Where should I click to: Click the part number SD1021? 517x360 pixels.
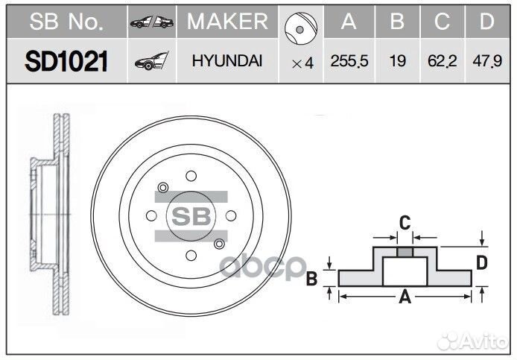pyautogui.click(x=66, y=62)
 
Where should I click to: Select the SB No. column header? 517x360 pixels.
pyautogui.click(x=66, y=22)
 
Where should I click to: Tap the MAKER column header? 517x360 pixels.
pyautogui.click(x=226, y=22)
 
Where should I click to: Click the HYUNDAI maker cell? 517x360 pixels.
pyautogui.click(x=226, y=62)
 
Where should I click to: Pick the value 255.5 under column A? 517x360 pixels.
pyautogui.click(x=349, y=62)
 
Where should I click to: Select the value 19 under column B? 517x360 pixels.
pyautogui.click(x=398, y=62)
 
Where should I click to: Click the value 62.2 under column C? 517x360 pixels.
pyautogui.click(x=442, y=62)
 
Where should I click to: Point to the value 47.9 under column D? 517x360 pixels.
pyautogui.click(x=486, y=62)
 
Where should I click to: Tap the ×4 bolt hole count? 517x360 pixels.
pyautogui.click(x=302, y=63)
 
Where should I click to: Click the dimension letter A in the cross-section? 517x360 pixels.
pyautogui.click(x=405, y=298)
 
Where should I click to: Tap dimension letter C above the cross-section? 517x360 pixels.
pyautogui.click(x=405, y=222)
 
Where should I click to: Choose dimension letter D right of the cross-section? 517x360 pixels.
pyautogui.click(x=482, y=262)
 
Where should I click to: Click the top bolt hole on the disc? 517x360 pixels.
pyautogui.click(x=191, y=176)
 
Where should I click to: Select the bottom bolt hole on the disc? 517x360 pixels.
pyautogui.click(x=191, y=256)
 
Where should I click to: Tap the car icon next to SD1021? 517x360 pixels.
pyautogui.click(x=151, y=62)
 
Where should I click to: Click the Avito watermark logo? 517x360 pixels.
pyautogui.click(x=473, y=341)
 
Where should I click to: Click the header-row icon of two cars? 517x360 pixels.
pyautogui.click(x=151, y=22)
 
